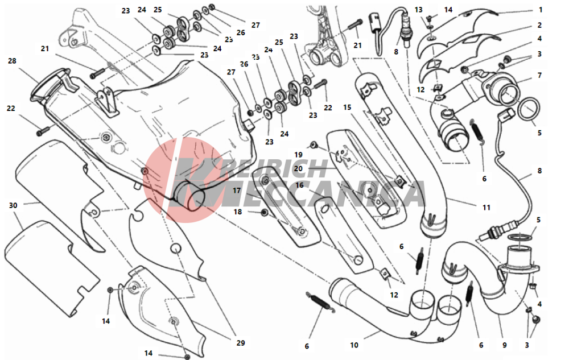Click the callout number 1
(x=541, y=10)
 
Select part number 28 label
(x=12, y=61)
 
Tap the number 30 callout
(x=13, y=205)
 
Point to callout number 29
(x=241, y=342)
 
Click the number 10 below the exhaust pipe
(x=354, y=345)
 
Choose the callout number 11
(x=486, y=208)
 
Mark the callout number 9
(x=504, y=345)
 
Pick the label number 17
(x=237, y=191)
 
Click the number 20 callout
(x=298, y=168)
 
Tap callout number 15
(x=347, y=107)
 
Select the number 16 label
(x=299, y=185)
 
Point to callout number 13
(x=418, y=10)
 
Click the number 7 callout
(x=539, y=75)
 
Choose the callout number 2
(x=539, y=25)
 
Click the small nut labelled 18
(x=264, y=212)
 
